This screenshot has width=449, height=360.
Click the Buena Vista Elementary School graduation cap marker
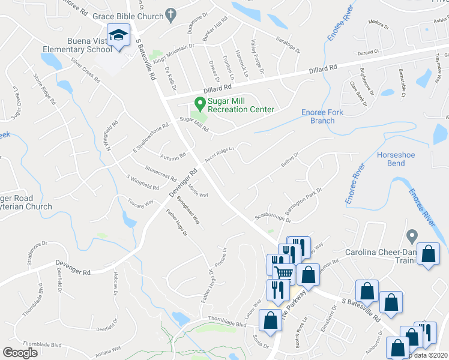click(118, 36)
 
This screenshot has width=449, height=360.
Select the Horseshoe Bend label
click(396, 159)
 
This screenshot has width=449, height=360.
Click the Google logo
click(20, 353)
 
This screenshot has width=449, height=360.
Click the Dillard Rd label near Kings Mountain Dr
click(200, 89)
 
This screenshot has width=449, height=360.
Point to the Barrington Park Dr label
click(304, 202)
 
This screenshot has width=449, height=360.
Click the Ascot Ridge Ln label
click(218, 154)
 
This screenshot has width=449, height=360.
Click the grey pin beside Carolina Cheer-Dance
click(411, 236)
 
